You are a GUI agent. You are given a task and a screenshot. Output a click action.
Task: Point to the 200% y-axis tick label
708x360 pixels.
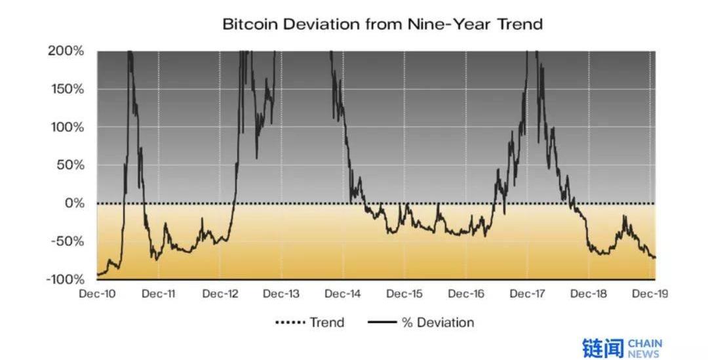click(66, 51)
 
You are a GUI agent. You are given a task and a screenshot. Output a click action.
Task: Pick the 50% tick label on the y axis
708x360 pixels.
click(69, 165)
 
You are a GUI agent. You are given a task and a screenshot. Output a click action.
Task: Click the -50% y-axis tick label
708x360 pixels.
click(67, 241)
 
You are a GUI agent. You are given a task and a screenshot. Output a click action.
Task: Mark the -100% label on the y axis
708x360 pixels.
click(64, 279)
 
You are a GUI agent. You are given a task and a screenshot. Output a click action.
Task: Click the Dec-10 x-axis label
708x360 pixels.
click(97, 294)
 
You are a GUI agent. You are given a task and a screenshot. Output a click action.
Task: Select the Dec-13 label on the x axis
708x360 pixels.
click(281, 294)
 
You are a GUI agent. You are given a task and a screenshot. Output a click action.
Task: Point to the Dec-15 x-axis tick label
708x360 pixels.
click(404, 294)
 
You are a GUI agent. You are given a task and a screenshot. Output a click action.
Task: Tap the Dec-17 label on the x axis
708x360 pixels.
click(528, 294)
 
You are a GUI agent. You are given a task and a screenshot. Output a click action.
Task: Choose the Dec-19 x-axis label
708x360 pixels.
click(650, 294)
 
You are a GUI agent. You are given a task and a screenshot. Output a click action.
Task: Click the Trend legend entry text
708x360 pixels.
click(327, 323)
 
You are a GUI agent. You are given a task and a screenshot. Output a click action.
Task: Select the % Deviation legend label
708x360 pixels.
click(437, 323)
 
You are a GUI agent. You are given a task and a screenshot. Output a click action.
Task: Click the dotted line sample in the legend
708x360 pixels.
click(290, 323)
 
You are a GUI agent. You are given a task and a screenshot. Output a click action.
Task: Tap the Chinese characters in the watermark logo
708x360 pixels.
click(602, 348)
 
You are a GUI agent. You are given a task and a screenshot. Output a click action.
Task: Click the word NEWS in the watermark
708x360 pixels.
click(644, 354)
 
